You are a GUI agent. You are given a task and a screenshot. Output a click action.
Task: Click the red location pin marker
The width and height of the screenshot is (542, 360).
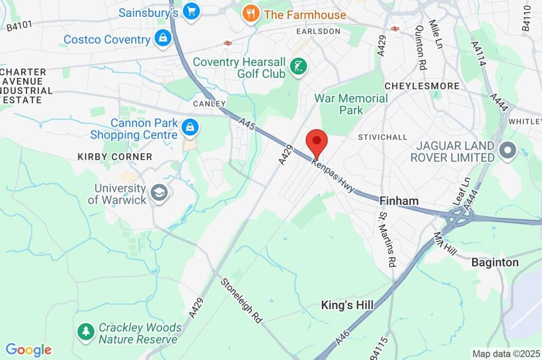[317, 141]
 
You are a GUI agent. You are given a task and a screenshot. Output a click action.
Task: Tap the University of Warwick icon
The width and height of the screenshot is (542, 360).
[159, 194]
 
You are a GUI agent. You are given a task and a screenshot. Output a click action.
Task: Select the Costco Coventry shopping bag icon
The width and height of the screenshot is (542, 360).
[162, 39]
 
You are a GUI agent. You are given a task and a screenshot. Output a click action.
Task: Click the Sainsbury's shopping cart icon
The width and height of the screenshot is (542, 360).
[191, 11]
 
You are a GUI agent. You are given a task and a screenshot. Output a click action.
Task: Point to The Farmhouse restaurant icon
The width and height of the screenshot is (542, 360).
[250, 14]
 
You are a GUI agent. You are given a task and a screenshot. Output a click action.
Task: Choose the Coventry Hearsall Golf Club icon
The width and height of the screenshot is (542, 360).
[299, 67]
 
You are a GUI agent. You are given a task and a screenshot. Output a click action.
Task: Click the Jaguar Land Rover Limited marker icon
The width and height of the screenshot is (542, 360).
[508, 151]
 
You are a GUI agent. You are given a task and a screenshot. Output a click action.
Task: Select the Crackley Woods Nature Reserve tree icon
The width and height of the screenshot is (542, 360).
[85, 332]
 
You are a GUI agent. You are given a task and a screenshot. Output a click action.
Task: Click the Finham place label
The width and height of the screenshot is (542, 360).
[399, 201]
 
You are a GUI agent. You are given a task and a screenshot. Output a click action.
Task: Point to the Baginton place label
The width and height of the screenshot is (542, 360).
[495, 263]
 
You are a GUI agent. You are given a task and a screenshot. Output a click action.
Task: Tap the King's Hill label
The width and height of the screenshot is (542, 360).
[347, 305]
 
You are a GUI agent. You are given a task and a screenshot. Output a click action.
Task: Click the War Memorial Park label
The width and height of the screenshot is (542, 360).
[351, 104]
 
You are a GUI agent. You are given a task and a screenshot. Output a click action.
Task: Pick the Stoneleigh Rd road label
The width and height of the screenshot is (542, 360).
[241, 300]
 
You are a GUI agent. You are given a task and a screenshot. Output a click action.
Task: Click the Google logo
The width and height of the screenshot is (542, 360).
[29, 349]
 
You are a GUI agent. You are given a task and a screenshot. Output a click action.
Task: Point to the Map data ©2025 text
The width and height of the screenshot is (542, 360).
[505, 353]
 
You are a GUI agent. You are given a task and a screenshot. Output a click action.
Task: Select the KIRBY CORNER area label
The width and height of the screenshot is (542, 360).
[115, 157]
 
